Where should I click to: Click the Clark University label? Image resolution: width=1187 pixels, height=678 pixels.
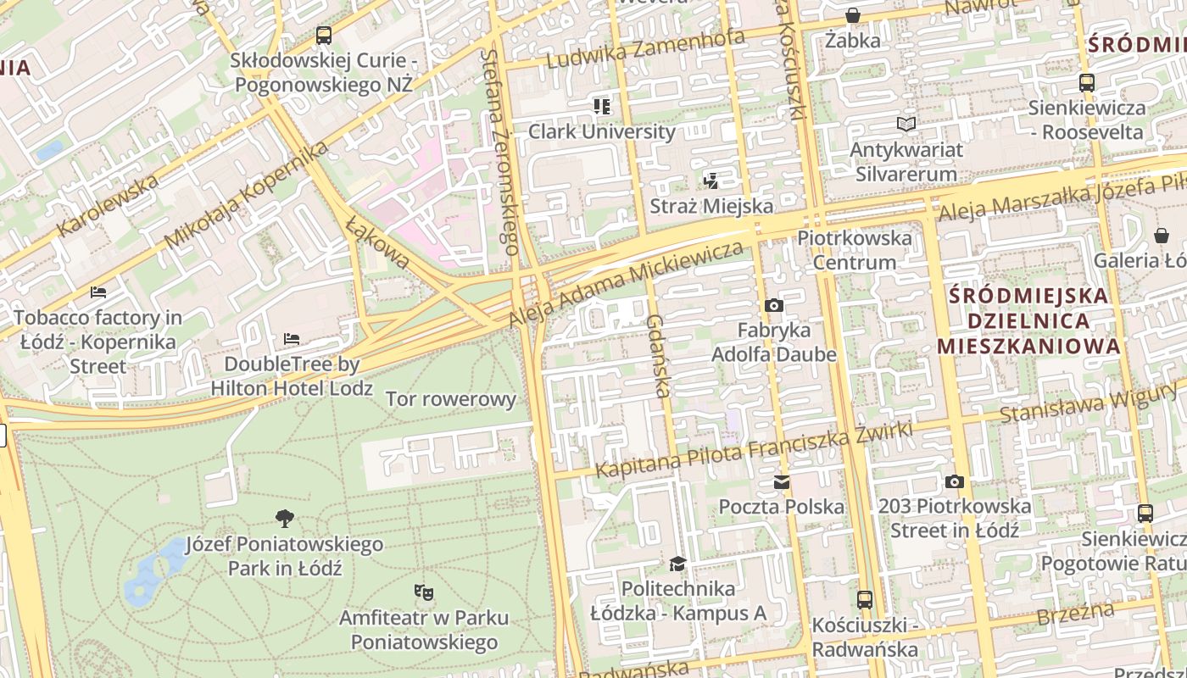(601, 131)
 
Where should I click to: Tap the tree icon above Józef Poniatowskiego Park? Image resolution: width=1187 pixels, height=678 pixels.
(285, 518)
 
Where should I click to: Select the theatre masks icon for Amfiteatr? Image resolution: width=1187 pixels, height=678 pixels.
(424, 591)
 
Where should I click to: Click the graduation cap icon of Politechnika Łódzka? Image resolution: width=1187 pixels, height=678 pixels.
(677, 564)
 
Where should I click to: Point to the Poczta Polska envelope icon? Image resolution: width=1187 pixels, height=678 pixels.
(781, 482)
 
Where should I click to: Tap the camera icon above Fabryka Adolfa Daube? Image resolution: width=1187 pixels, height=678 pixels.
(773, 305)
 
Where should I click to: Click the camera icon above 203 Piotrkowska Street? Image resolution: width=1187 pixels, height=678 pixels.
(954, 481)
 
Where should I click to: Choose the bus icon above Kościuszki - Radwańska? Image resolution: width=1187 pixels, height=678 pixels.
(864, 600)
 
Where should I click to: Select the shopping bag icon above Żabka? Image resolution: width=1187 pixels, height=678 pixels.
(853, 15)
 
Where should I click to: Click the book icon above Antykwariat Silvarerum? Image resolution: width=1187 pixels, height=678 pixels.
(906, 125)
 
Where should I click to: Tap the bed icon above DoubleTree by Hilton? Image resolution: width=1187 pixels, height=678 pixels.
(292, 339)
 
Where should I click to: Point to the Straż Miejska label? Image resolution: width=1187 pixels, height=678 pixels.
(711, 206)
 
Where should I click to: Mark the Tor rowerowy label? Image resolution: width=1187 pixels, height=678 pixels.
(450, 399)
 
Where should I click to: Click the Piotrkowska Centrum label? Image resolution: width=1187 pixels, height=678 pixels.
(855, 250)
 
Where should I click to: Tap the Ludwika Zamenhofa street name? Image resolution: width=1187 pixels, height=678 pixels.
(645, 49)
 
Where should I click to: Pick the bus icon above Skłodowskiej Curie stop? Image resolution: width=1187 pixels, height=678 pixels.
(323, 36)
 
